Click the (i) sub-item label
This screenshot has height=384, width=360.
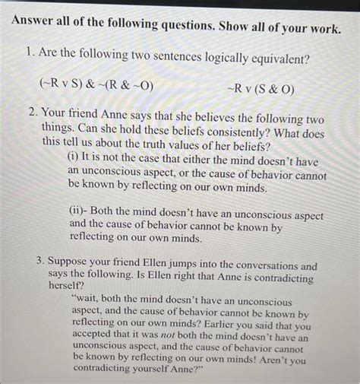[x=74, y=155]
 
